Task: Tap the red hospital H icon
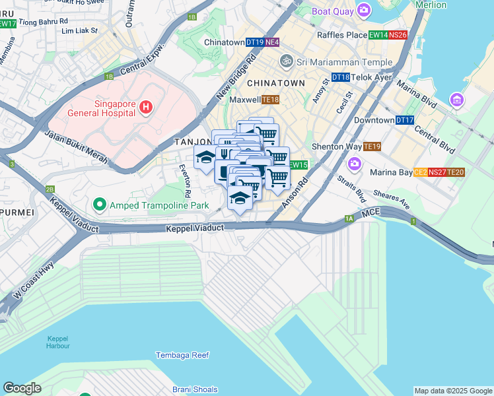tap(146, 106)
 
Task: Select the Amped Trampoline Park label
tap(153, 205)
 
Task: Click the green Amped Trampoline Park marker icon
tap(100, 205)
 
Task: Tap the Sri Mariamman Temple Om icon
tap(286, 62)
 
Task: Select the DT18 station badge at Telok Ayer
tap(340, 77)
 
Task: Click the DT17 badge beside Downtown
tap(405, 121)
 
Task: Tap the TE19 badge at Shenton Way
tap(372, 147)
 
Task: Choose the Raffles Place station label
tap(341, 35)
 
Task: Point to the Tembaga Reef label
tap(182, 355)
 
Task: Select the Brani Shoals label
tap(195, 389)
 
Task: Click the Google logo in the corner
tap(22, 388)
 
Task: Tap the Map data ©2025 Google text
tap(452, 391)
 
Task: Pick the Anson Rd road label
tap(295, 192)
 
